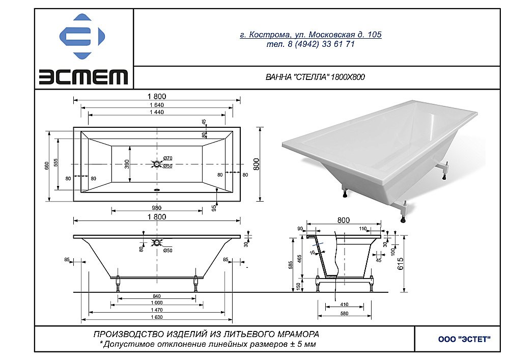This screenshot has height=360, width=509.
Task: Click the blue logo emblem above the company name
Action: [83, 37]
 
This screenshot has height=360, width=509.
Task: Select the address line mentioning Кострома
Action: [310, 35]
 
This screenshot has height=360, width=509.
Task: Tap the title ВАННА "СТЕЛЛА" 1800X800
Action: [315, 77]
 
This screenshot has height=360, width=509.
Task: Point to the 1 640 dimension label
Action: [157, 105]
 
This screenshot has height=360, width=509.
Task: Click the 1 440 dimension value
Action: [157, 113]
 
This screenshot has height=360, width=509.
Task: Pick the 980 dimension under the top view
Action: [156, 207]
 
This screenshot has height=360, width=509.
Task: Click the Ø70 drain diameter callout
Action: [168, 159]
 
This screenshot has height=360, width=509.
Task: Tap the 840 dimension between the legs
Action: [156, 296]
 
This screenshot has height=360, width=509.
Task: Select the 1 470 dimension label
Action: [156, 310]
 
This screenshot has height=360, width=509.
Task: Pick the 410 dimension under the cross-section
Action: [344, 305]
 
